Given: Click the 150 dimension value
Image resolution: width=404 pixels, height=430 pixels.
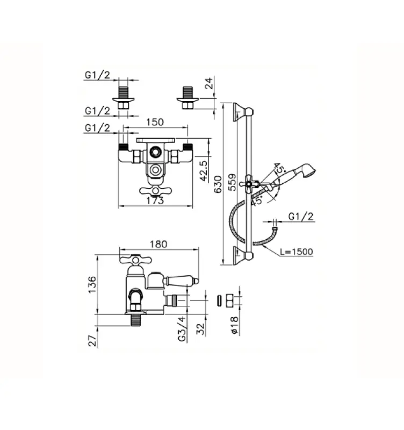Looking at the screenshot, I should click(x=154, y=123).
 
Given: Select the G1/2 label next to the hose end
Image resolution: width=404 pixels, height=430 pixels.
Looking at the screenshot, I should click(x=300, y=216).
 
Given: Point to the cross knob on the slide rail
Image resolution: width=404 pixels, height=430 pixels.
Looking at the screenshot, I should click(x=249, y=183).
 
